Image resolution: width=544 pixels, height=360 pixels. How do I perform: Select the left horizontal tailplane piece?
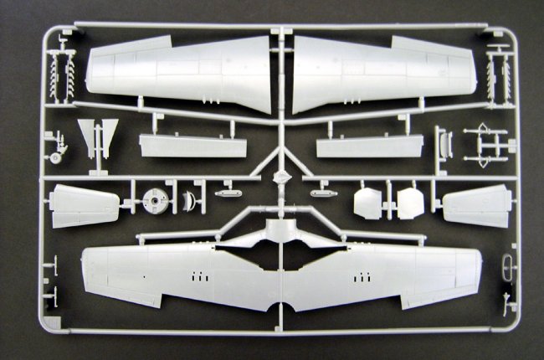click(x=84, y=206)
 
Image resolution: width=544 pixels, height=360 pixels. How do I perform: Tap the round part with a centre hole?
click(x=156, y=201)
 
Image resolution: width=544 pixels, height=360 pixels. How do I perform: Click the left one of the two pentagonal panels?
click(x=368, y=203)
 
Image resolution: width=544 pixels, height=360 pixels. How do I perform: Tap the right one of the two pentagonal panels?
click(x=410, y=203)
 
